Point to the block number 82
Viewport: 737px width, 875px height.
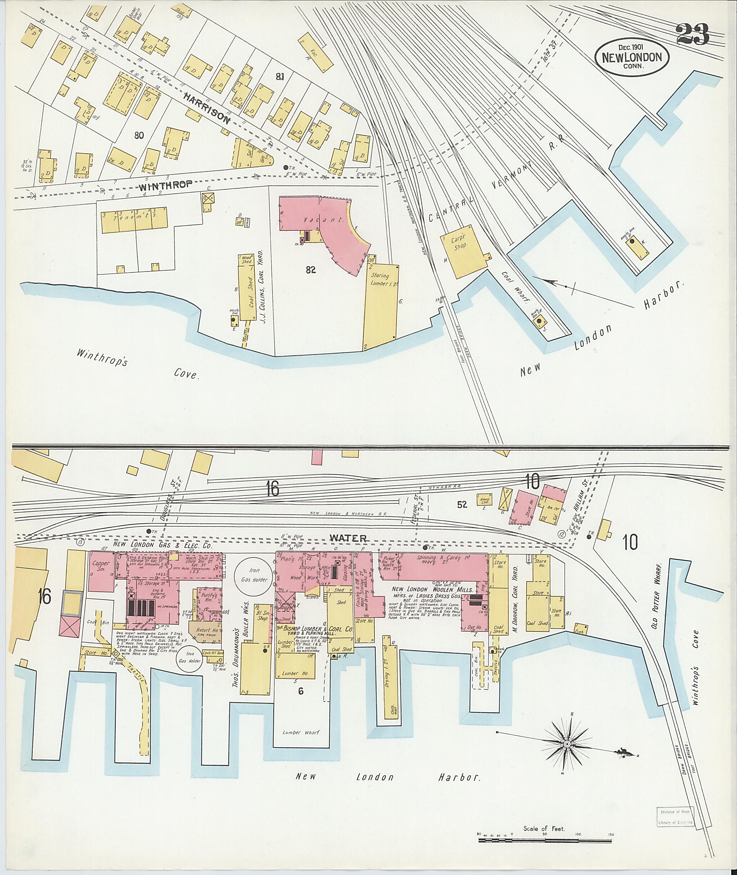pos(311,270)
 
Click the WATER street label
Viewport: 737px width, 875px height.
pos(348,538)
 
